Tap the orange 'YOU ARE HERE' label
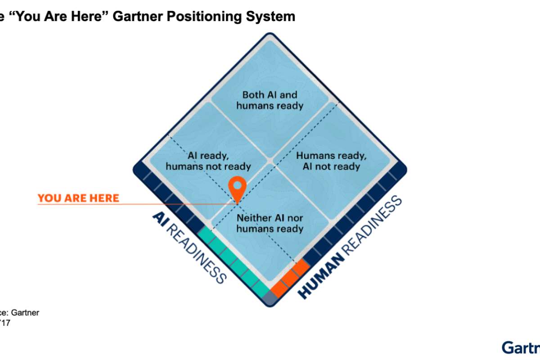(x=78, y=198)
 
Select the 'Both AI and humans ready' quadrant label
(x=270, y=100)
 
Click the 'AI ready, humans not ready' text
(x=208, y=161)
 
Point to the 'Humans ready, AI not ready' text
(x=331, y=161)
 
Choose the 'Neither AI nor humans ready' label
(x=270, y=223)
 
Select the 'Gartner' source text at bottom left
(x=25, y=313)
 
